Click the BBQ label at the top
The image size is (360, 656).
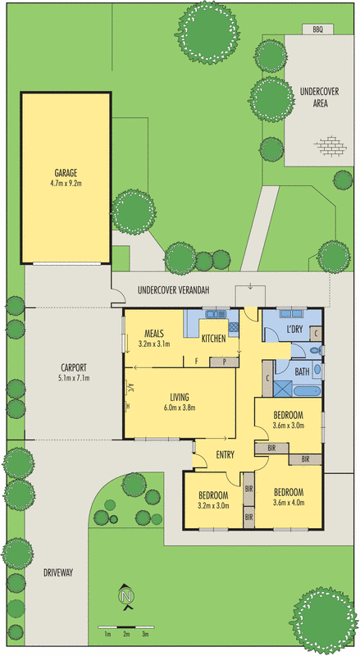click(x=317, y=30)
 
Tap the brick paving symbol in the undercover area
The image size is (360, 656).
click(x=330, y=145)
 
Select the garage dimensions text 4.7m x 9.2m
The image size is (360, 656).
click(x=66, y=184)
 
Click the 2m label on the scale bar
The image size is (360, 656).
click(x=126, y=634)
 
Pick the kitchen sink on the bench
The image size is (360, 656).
click(x=215, y=315)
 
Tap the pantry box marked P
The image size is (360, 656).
click(x=224, y=360)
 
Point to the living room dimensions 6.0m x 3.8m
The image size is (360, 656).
click(x=180, y=408)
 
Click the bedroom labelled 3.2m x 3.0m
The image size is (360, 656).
click(x=212, y=500)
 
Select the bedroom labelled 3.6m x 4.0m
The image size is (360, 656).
click(x=288, y=496)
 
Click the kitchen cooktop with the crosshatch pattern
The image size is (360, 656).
click(x=234, y=327)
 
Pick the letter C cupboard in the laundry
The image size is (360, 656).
click(x=317, y=334)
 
